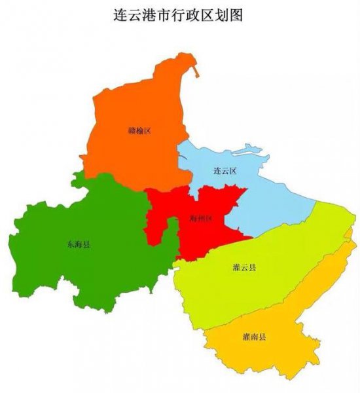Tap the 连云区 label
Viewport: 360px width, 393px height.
click(225, 171)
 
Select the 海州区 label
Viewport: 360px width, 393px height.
click(200, 218)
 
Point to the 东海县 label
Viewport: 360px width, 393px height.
click(79, 244)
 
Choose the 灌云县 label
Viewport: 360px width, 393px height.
click(244, 268)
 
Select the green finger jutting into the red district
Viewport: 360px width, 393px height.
click(172, 229)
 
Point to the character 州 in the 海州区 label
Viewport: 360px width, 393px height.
click(200, 218)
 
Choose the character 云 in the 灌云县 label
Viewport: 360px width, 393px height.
click(244, 268)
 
